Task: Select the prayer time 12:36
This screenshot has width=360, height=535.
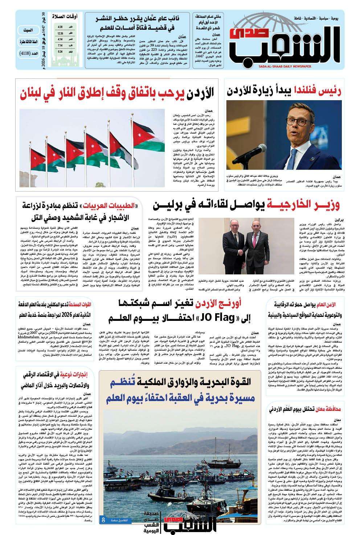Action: coord(60,33)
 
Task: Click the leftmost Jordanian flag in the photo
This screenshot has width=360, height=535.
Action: coord(34,152)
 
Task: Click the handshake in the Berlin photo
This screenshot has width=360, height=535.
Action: coord(238,253)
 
